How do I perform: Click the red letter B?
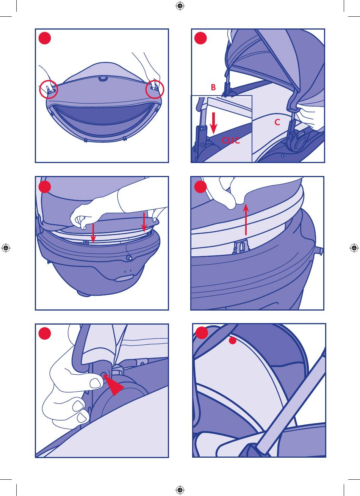coord(213,87)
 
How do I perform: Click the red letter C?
coord(277,122)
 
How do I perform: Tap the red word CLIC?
coord(230,140)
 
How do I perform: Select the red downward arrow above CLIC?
coord(213,123)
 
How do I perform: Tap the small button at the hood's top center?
coord(102,78)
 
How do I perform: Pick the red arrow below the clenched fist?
coord(93,233)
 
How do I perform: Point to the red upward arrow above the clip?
coord(246,220)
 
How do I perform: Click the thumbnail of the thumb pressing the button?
coord(95,383)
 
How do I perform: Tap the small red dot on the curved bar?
coord(232,341)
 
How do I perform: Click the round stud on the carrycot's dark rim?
coord(129,258)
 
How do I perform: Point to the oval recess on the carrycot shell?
coord(124,278)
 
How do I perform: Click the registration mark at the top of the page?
coord(180,6)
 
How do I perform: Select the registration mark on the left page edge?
coord(6,248)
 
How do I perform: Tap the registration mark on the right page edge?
coord(354,248)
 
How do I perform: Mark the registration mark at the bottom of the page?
coord(180,490)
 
